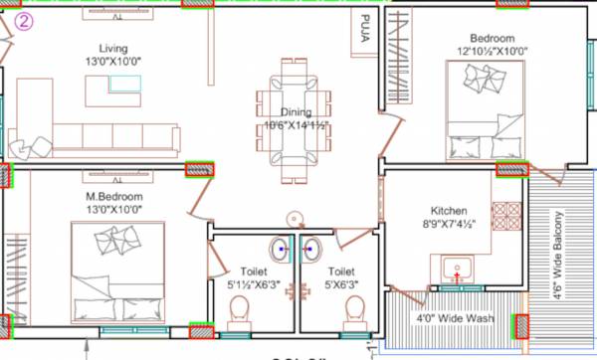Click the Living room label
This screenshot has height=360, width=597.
click(x=113, y=49)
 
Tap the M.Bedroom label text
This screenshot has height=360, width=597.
click(x=113, y=198)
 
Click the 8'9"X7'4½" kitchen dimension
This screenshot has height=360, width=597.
click(x=449, y=226)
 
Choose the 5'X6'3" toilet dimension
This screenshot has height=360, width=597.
click(x=341, y=284)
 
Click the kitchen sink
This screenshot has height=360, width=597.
click(x=457, y=269)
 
